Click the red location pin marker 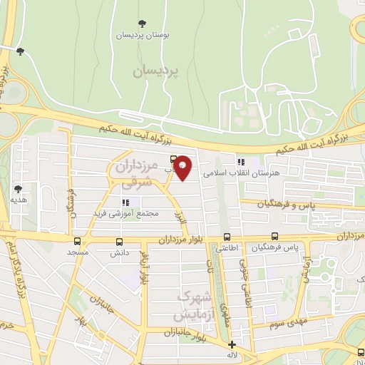point(183,168)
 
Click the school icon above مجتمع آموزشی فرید point(126,202)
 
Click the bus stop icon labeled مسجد point(76,241)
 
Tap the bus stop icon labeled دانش point(119,242)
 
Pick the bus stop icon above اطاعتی point(227,237)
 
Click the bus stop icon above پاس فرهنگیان point(274,237)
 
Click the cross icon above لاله point(232,344)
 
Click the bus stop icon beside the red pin point(173,160)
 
